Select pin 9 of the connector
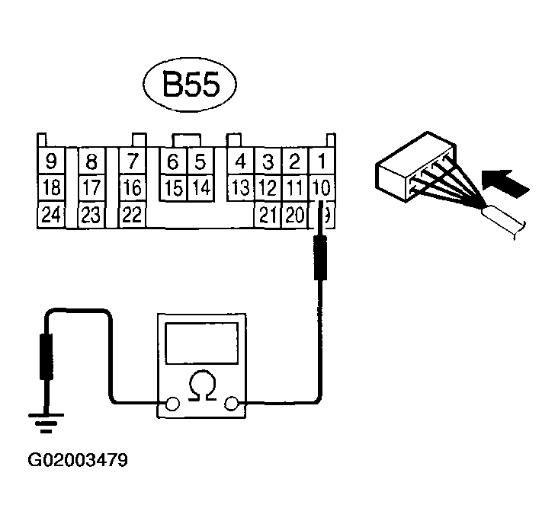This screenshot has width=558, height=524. pyautogui.click(x=51, y=161)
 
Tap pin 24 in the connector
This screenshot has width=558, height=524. pyautogui.click(x=51, y=215)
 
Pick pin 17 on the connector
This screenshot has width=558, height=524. pyautogui.click(x=91, y=187)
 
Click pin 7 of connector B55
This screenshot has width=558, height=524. pyautogui.click(x=133, y=161)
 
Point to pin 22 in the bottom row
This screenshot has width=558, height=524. pyautogui.click(x=133, y=215)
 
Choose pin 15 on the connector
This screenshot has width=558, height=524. pyautogui.click(x=175, y=187)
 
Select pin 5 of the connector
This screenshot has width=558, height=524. pyautogui.click(x=200, y=161)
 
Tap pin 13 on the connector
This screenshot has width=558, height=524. pyautogui.click(x=240, y=187)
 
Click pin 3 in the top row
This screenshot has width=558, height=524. pyautogui.click(x=268, y=161)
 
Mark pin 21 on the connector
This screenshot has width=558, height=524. pyautogui.click(x=267, y=215)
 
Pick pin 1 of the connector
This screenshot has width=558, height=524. pyautogui.click(x=322, y=161)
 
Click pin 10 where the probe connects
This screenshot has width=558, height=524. pyautogui.click(x=322, y=187)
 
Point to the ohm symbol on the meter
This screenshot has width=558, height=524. pyautogui.click(x=202, y=381)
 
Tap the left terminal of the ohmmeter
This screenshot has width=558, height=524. pyautogui.click(x=173, y=404)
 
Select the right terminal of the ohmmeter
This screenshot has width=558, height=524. pyautogui.click(x=232, y=404)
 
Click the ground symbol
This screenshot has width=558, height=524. pyautogui.click(x=46, y=421)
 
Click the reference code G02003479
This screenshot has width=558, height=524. pyautogui.click(x=78, y=461)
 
